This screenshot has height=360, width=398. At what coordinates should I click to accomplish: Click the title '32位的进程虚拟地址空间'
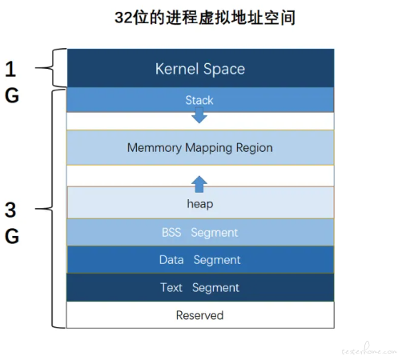click(205, 18)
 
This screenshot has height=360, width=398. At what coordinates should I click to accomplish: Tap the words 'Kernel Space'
click(200, 69)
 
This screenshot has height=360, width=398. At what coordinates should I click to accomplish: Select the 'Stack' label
click(199, 100)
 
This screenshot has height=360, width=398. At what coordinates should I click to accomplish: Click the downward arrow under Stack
click(199, 115)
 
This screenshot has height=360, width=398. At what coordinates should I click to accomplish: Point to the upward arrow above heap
click(199, 184)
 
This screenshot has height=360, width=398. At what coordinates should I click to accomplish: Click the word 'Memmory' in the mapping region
click(155, 148)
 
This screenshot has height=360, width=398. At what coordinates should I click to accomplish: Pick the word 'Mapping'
click(208, 148)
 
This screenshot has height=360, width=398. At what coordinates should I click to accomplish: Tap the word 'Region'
click(254, 148)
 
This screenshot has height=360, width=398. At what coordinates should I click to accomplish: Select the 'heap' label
click(200, 204)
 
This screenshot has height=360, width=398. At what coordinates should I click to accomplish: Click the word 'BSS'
click(171, 233)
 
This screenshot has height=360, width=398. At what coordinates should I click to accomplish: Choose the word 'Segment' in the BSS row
click(215, 233)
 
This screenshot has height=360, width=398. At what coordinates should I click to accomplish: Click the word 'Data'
click(171, 260)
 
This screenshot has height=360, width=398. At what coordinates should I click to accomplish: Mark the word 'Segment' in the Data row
click(217, 261)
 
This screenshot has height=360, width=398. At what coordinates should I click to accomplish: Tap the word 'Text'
click(171, 288)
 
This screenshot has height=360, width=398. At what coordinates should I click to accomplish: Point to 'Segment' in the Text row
click(215, 288)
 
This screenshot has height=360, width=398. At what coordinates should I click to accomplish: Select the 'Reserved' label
click(199, 315)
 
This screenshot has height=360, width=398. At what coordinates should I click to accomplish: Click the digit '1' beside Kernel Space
click(10, 70)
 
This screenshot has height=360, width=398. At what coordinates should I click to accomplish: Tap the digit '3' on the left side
click(10, 210)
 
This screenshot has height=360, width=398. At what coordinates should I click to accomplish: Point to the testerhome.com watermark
click(369, 350)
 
